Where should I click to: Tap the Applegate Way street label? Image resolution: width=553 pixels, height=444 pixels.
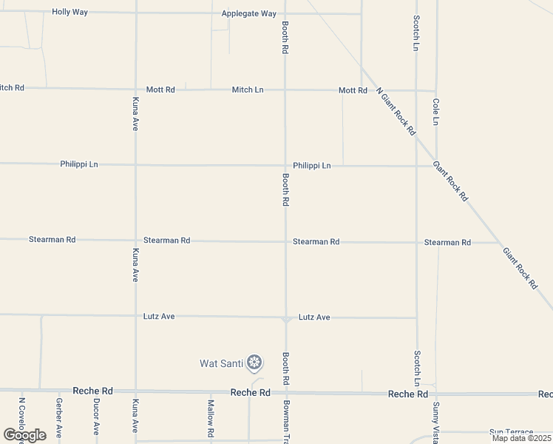click(248, 14)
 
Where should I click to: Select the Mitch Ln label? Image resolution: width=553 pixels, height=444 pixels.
click(248, 90)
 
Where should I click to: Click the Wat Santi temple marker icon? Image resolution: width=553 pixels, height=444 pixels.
click(254, 363)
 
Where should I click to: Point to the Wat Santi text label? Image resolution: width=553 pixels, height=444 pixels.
click(220, 363)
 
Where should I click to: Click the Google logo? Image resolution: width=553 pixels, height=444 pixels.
click(24, 434)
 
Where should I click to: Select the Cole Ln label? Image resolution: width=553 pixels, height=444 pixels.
click(436, 111)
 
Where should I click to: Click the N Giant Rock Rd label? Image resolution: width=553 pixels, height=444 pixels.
click(396, 111)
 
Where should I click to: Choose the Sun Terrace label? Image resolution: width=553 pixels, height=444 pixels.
click(511, 432)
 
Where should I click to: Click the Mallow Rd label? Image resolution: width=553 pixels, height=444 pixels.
click(211, 417)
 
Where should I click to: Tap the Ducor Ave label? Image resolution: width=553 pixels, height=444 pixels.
click(96, 417)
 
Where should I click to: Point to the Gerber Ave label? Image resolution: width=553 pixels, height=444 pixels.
click(58, 417)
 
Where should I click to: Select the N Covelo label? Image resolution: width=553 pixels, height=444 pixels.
click(22, 419)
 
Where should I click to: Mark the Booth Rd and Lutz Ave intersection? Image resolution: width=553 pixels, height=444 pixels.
click(285, 319)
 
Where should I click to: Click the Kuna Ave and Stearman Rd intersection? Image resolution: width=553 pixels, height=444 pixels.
click(135, 240)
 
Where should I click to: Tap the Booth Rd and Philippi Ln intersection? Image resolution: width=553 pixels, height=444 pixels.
click(285, 166)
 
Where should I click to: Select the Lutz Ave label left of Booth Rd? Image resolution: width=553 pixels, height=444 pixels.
click(159, 317)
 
